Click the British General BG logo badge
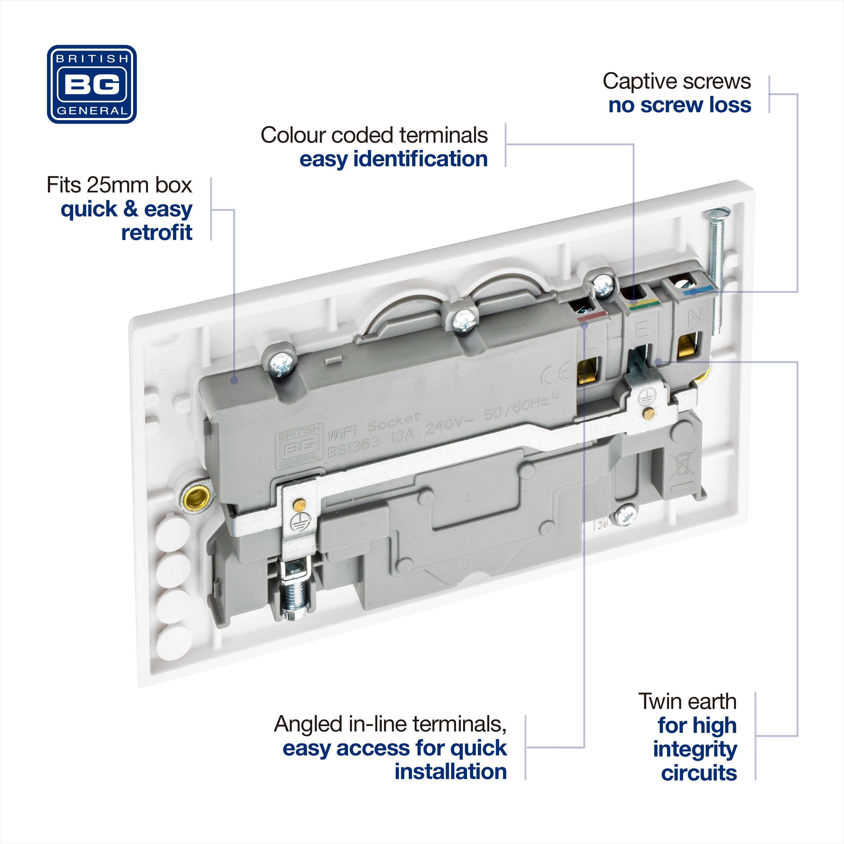pos(92,84)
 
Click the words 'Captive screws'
pos(676,81)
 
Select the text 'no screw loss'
pos(679,105)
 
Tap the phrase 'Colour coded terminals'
pos(374,135)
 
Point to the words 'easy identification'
pos(393,159)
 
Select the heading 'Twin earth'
pos(687,702)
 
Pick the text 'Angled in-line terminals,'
pos(390,724)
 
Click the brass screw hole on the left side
pos(197,497)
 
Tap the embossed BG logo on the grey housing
pos(300,446)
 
